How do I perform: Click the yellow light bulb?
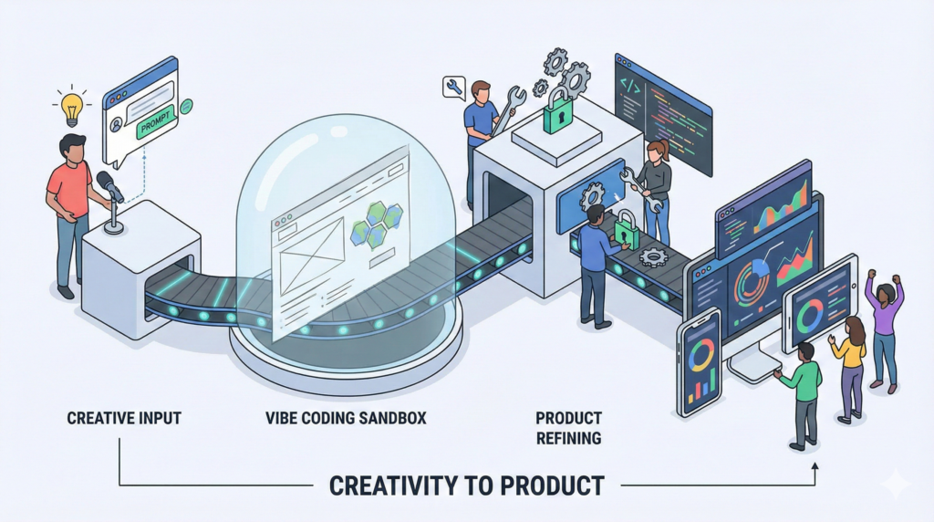pos(71,109)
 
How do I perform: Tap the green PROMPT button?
pos(155,121)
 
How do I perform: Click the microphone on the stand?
pos(110,186)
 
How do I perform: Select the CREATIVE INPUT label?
pos(124,418)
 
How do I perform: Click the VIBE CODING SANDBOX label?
pos(346,418)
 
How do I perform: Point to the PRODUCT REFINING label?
pos(568,428)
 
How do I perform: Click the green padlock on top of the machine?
pos(558,110)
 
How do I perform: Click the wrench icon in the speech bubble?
pos(454,87)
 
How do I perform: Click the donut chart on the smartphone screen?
pos(701,355)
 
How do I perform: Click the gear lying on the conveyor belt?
pos(654,256)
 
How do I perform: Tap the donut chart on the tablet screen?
pos(810,315)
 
